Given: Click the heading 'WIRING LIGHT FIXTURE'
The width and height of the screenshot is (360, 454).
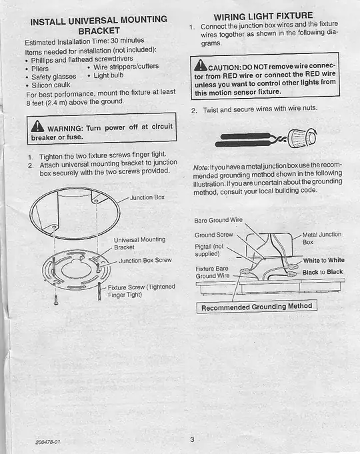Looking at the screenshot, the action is click(x=263, y=16).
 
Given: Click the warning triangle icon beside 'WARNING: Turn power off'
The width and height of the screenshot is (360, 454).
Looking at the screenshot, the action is click(x=38, y=128).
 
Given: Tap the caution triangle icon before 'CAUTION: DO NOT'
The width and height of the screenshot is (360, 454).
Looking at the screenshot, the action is click(x=200, y=66).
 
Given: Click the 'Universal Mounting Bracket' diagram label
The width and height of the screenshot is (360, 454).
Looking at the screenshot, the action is click(x=139, y=243).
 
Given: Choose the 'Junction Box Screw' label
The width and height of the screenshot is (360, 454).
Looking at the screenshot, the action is click(x=145, y=261).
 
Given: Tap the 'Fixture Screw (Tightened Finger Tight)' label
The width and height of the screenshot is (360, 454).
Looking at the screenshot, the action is click(x=141, y=291).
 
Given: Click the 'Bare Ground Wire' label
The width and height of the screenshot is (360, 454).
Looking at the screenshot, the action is click(x=219, y=219).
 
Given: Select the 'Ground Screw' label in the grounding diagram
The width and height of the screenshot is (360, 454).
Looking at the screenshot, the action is click(x=213, y=235).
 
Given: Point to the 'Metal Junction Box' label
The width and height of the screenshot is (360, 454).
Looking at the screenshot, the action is click(x=321, y=238).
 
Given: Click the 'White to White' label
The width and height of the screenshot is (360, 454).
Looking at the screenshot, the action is click(x=323, y=260).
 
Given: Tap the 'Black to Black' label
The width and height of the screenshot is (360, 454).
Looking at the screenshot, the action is click(x=323, y=272).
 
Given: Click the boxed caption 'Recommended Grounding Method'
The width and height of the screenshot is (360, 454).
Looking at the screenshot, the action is click(x=257, y=307).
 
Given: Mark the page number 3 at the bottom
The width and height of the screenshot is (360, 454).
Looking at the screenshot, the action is click(x=191, y=439).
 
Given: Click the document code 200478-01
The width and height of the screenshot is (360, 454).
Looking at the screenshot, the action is click(x=48, y=442).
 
